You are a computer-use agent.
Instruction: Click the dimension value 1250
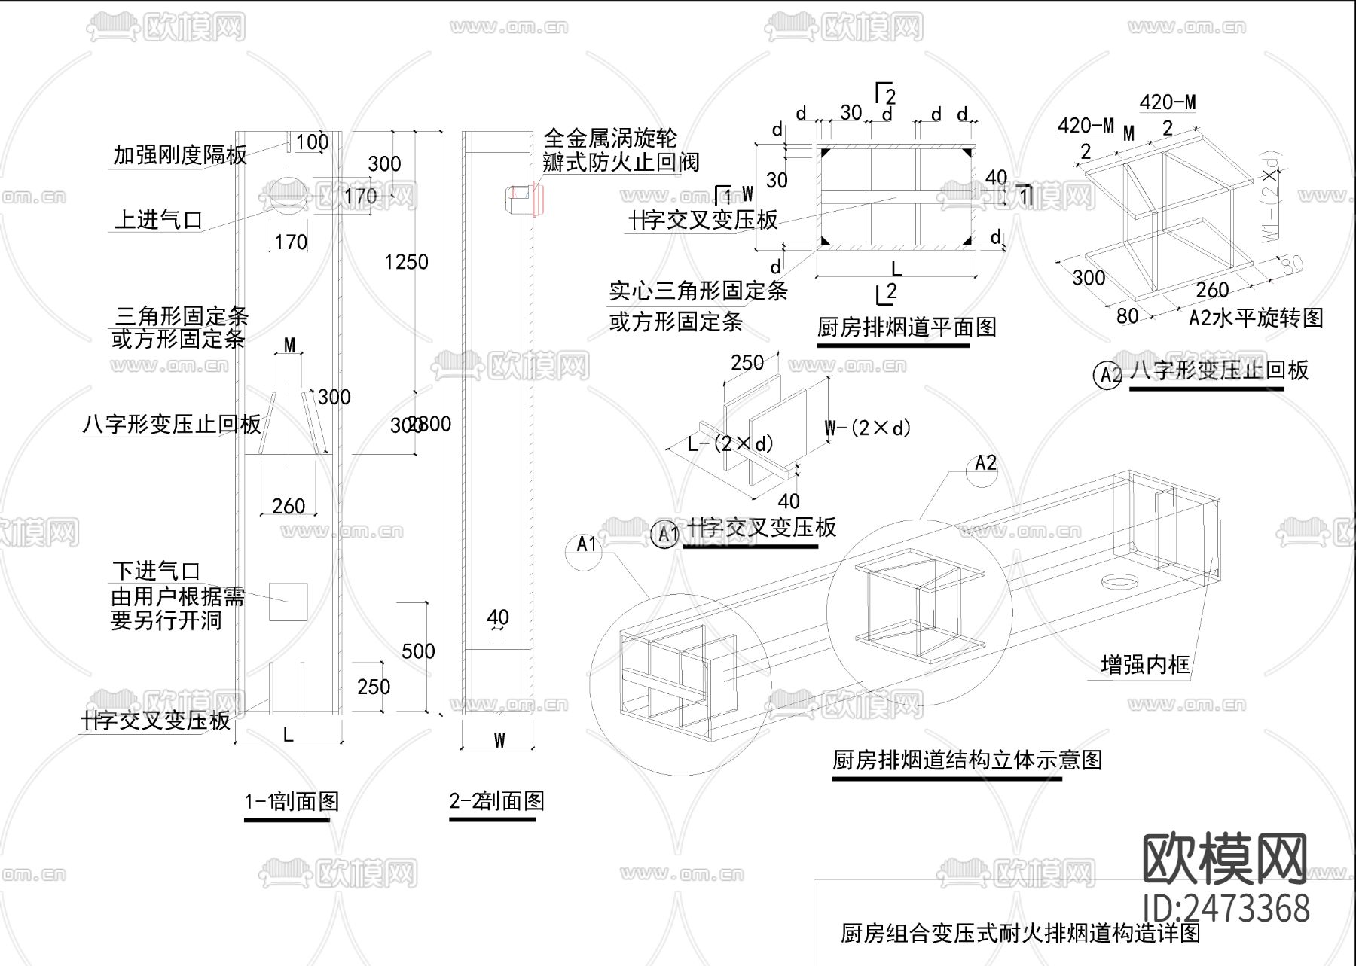[405, 262]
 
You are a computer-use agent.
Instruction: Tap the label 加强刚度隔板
[179, 155]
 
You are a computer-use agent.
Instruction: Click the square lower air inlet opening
[289, 602]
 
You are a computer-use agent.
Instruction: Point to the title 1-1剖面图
[292, 801]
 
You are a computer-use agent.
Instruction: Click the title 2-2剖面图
[496, 801]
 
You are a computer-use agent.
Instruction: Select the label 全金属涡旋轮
[609, 139]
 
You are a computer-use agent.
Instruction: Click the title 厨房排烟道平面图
[906, 327]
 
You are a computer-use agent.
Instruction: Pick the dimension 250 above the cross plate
[747, 363]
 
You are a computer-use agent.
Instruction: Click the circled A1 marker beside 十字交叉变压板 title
[665, 534]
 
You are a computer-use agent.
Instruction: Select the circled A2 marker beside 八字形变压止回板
[1107, 375]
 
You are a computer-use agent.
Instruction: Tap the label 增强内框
[1144, 664]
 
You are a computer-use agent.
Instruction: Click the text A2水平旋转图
[1255, 318]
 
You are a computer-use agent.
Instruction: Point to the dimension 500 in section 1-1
[418, 651]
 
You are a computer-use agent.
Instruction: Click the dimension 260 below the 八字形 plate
[288, 506]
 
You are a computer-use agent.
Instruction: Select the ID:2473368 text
[1226, 908]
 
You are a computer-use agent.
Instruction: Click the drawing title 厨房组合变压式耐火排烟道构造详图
[1020, 934]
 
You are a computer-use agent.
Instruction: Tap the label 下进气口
[157, 571]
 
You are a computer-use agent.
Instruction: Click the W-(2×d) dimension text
[867, 428]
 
